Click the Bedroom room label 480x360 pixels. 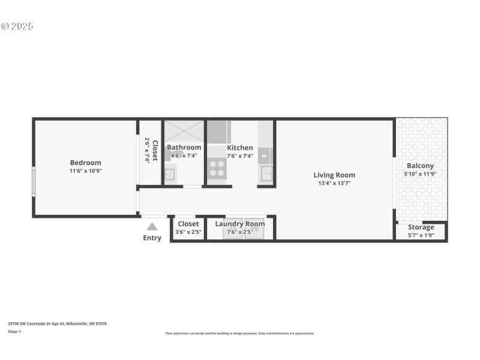tap(85, 163)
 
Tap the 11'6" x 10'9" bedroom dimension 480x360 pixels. tap(85, 171)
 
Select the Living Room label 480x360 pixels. tap(334, 175)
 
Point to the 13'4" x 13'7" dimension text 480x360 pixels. tap(334, 184)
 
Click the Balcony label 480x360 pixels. tap(420, 166)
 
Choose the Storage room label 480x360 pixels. tap(421, 227)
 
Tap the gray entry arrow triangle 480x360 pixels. tap(152, 226)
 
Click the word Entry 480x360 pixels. tap(152, 238)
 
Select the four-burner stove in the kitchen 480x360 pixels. tap(217, 169)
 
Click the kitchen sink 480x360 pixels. tap(266, 174)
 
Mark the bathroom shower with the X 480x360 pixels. tap(184, 131)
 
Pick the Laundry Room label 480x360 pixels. tap(239, 224)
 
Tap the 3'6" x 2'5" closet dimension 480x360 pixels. tap(188, 232)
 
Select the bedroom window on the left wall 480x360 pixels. tap(34, 181)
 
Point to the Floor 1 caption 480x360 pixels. tap(14, 331)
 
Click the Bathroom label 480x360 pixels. tap(184, 148)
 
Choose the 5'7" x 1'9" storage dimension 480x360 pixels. tap(421, 235)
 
